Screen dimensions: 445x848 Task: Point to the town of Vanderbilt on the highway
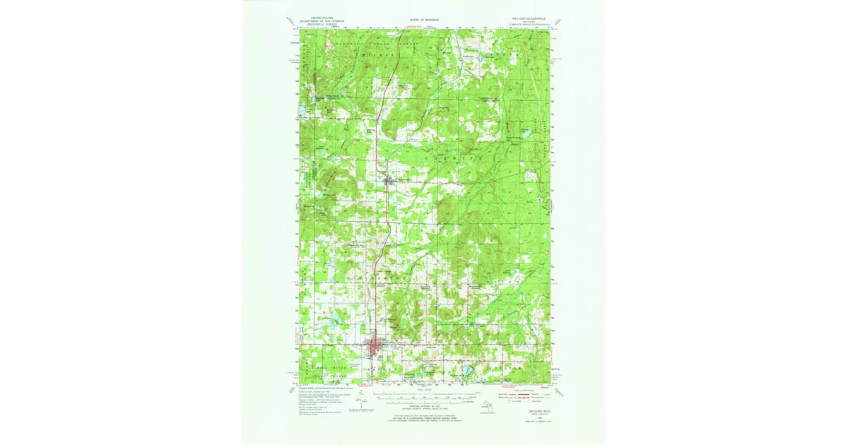[x=391, y=182]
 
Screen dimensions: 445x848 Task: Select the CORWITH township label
[x=453, y=160]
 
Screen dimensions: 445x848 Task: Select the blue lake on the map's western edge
[x=302, y=111]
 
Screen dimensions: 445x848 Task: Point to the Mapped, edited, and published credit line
[x=324, y=388]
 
